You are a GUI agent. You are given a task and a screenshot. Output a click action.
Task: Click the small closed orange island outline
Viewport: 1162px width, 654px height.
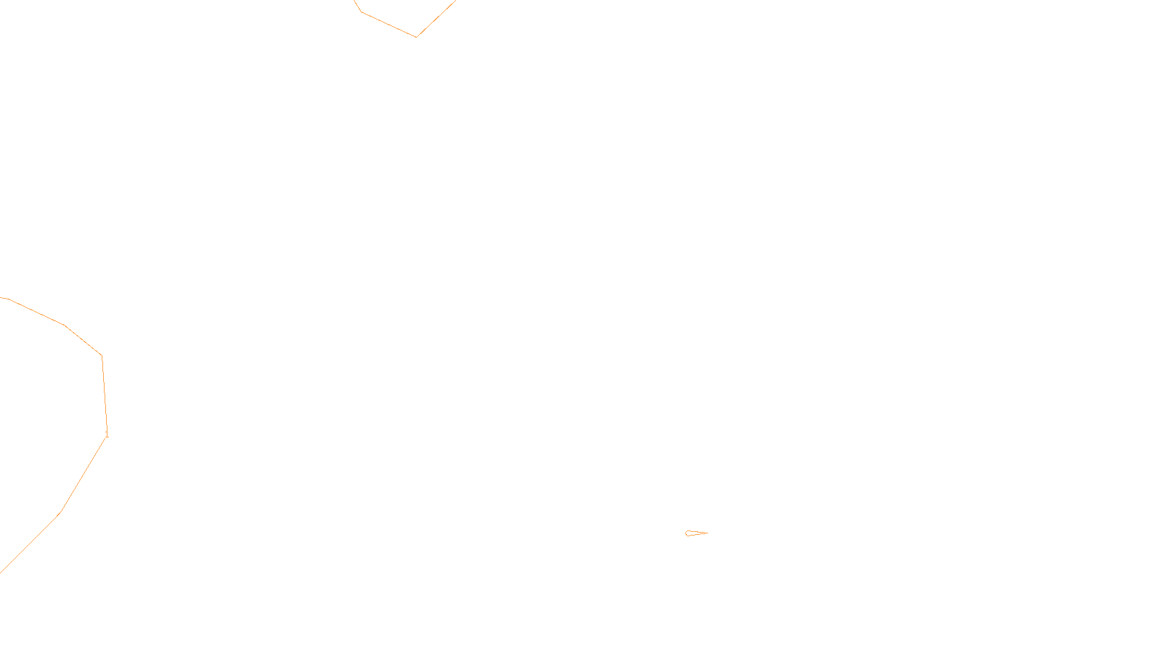click(x=695, y=533)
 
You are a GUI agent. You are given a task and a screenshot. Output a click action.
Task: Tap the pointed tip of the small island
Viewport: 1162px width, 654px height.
click(x=707, y=533)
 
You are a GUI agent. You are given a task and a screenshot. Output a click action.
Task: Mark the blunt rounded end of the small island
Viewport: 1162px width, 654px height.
click(x=686, y=533)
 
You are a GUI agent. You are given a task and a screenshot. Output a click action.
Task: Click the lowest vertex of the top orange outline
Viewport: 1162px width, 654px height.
click(x=416, y=36)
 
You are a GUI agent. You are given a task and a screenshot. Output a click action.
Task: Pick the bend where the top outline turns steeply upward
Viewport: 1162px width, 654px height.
click(x=361, y=12)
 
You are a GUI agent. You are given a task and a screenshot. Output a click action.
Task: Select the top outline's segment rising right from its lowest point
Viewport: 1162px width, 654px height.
click(x=436, y=18)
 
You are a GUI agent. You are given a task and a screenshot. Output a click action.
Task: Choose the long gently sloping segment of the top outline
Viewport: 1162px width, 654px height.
click(x=389, y=24)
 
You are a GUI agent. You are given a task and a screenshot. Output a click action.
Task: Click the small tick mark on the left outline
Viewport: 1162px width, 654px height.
click(x=107, y=434)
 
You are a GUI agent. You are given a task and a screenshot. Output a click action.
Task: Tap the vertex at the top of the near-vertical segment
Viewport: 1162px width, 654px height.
click(x=102, y=355)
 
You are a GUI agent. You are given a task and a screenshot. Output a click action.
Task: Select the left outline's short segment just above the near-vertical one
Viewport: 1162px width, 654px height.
click(x=84, y=340)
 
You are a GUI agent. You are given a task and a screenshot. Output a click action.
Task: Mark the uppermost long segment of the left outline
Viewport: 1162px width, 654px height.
click(x=36, y=312)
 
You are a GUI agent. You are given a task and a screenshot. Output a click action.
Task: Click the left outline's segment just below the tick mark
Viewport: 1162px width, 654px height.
click(x=84, y=474)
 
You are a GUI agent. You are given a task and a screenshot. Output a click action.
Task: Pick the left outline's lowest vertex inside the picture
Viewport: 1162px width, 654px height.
click(x=60, y=512)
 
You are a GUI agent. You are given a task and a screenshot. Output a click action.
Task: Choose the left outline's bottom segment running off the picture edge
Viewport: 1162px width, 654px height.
click(x=29, y=544)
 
